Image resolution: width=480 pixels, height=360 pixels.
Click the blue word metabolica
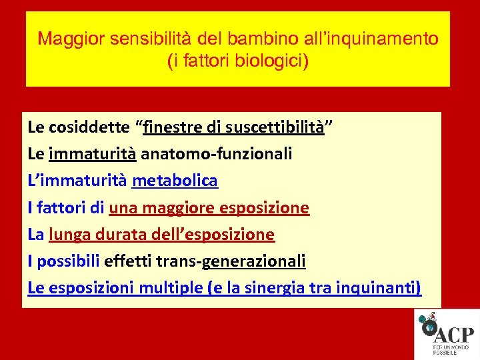coord(175,181)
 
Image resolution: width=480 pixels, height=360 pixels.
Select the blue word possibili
coord(68,261)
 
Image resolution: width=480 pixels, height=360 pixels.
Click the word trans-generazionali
coord(231,261)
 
